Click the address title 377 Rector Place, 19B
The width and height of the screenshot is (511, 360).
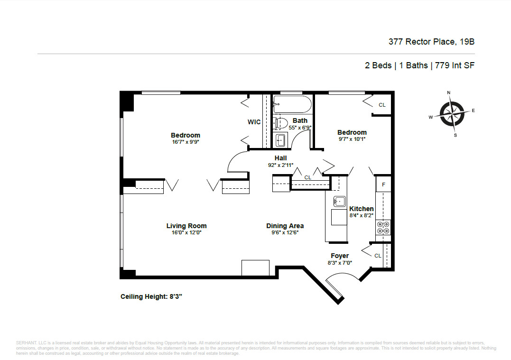click(x=431, y=42)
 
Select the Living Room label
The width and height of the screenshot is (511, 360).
click(x=186, y=226)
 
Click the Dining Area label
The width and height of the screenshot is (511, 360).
click(x=285, y=226)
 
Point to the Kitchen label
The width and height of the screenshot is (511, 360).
click(x=361, y=209)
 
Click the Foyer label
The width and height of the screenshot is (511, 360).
click(x=340, y=256)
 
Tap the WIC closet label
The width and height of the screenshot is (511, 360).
click(x=254, y=122)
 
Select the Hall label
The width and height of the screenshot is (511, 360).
click(x=280, y=158)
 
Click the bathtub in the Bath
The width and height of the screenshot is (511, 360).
click(x=292, y=104)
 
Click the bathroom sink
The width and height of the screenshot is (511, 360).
click(x=280, y=140)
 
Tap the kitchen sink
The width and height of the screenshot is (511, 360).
click(x=340, y=202)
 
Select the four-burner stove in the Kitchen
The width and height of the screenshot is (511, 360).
click(x=383, y=228)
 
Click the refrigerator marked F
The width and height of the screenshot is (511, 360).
click(x=383, y=184)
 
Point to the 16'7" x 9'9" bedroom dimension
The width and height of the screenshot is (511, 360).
click(x=186, y=141)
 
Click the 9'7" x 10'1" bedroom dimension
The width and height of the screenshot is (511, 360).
click(x=352, y=139)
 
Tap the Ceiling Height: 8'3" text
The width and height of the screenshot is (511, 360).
click(x=151, y=296)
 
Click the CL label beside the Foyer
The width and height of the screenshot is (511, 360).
click(x=378, y=256)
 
